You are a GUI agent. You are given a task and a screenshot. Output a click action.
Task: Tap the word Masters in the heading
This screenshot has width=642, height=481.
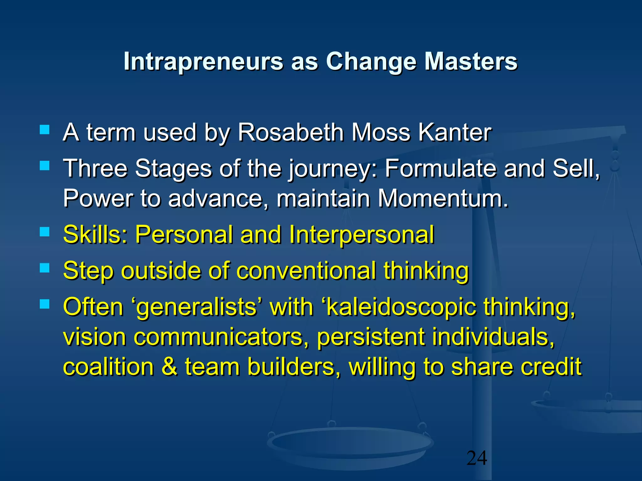point(471,61)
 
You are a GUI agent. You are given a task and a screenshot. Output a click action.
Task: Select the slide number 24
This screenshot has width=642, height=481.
point(477,458)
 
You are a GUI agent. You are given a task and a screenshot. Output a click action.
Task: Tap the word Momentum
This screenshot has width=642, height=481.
point(443,199)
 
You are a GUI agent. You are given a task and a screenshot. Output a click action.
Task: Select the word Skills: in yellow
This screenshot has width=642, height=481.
point(95,234)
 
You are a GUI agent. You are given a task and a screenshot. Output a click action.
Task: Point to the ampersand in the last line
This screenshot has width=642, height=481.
point(169,367)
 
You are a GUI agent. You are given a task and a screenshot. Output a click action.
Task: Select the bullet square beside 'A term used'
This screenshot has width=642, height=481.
point(45,130)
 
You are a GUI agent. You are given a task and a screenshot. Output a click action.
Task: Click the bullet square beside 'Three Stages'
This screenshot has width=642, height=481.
point(45,165)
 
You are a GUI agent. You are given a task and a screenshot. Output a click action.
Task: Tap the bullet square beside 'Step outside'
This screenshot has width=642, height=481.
point(45,268)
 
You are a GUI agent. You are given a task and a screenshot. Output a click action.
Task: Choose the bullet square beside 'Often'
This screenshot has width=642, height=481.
point(45,304)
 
